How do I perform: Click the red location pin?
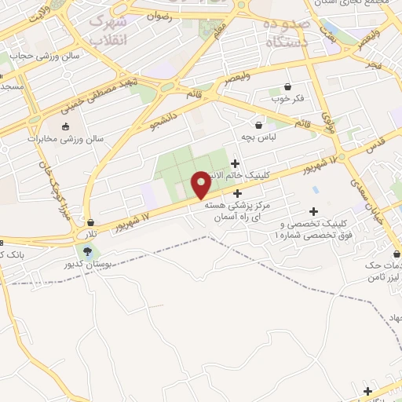pos(201,185)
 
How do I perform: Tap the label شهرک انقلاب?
pos(108,30)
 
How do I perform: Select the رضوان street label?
pos(159,14)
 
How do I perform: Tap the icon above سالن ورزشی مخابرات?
pos(64,126)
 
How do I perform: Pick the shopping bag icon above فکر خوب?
pos(287,86)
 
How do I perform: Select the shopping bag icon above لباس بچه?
pos(258,124)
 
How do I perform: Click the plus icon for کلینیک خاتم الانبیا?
pos(235,163)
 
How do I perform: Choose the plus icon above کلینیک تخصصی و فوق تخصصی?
pos(314,210)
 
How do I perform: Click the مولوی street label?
pos(327,120)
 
